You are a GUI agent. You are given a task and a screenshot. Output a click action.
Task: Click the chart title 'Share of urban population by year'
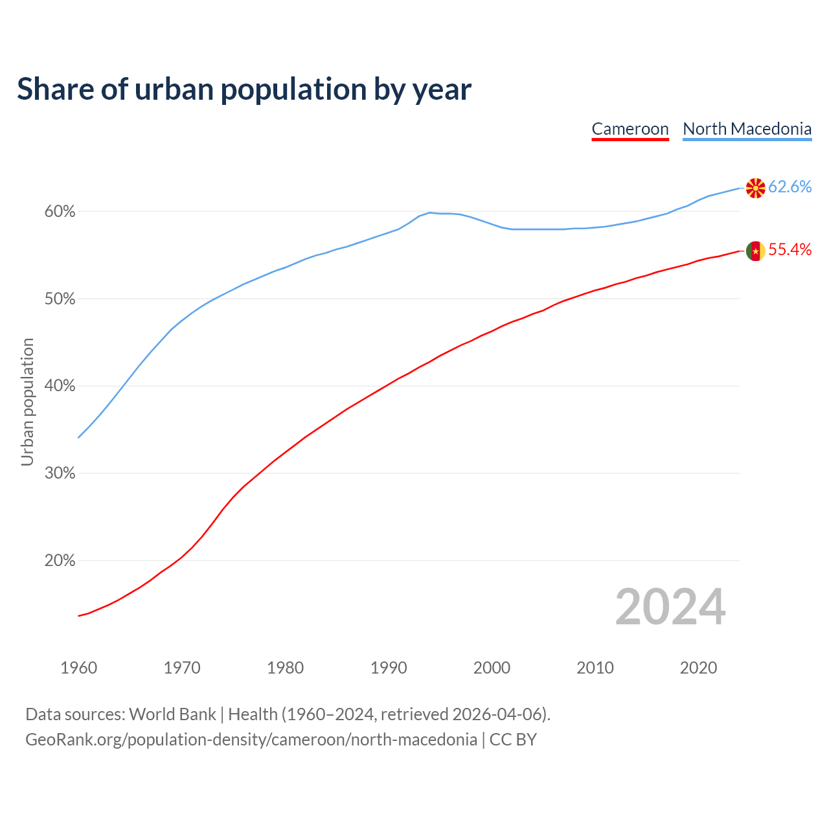pos(244,89)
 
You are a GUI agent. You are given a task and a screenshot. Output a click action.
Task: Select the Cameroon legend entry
pos(630,129)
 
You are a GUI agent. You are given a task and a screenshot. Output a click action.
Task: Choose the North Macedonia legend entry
pos(747,129)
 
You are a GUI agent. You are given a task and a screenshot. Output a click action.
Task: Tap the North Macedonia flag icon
pos(755,188)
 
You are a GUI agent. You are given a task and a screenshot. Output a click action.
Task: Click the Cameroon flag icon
pos(755,251)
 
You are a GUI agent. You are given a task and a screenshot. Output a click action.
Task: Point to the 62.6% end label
pos(789,187)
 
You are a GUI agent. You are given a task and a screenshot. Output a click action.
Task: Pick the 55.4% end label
pos(789,250)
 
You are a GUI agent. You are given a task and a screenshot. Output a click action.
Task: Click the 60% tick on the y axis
pos(60,212)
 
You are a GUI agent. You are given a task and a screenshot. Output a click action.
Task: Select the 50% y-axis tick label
pos(60,299)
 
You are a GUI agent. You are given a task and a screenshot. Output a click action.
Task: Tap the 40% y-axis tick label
pos(60,386)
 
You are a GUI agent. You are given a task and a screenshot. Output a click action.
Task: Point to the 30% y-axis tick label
pos(60,473)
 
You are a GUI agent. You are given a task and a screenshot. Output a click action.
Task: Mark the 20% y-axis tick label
pos(60,561)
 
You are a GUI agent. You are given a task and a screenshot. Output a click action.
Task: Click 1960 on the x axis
pos(79,668)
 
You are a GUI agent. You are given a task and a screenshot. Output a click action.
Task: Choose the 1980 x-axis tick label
pos(286,668)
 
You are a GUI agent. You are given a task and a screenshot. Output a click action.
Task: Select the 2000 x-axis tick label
pos(492,668)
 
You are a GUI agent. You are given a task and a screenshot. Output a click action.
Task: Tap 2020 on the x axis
pos(698,668)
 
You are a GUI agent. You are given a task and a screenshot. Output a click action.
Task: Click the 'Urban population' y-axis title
pos(27,402)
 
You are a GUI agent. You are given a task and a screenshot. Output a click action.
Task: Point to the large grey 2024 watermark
pos(670,607)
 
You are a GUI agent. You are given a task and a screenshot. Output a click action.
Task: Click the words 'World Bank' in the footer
pos(172,714)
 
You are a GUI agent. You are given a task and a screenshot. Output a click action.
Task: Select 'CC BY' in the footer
pos(513,740)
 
